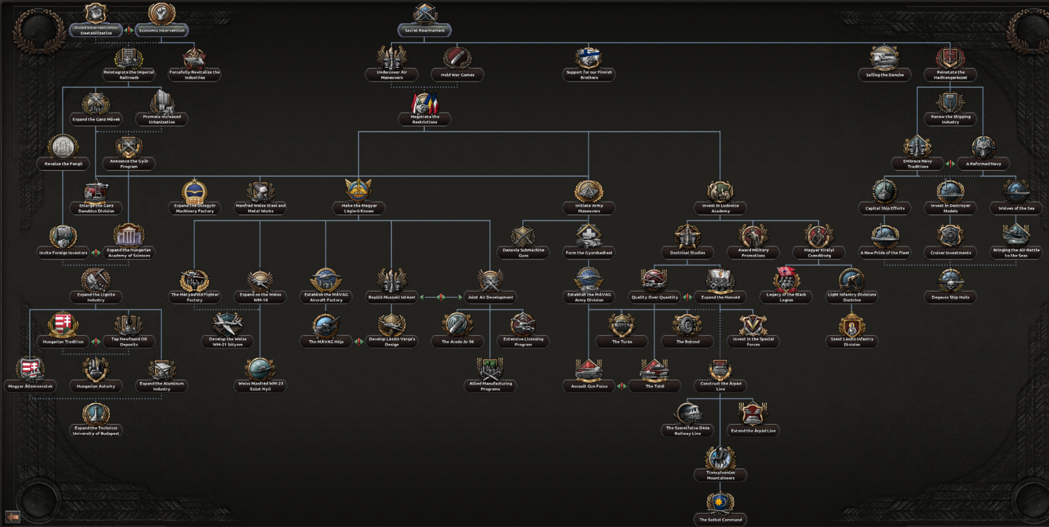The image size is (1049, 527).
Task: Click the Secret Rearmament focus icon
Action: click(424, 14)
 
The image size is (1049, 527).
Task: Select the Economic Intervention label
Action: click(161, 30)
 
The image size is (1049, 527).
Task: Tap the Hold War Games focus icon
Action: click(457, 58)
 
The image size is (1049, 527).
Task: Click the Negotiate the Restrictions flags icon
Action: click(424, 102)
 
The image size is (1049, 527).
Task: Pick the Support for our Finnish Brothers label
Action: click(589, 75)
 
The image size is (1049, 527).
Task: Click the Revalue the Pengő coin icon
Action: click(63, 147)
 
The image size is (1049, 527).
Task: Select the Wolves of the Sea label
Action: click(1016, 208)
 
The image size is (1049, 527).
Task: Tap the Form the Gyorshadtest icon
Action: click(589, 236)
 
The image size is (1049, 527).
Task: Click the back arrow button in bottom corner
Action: click(12, 517)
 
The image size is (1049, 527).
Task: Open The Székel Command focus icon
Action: click(720, 502)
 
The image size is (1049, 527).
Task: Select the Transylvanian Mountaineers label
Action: click(720, 475)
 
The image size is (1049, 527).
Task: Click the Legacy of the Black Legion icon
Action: click(786, 280)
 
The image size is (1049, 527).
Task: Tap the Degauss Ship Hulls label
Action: click(950, 297)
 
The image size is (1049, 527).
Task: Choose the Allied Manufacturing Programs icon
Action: click(490, 369)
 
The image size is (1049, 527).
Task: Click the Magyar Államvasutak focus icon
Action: click(30, 369)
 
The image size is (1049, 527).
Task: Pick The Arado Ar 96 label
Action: click(457, 342)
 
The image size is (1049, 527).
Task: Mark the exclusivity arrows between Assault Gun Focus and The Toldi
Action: click(622, 386)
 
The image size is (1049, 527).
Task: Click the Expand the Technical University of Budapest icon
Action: click(96, 413)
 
